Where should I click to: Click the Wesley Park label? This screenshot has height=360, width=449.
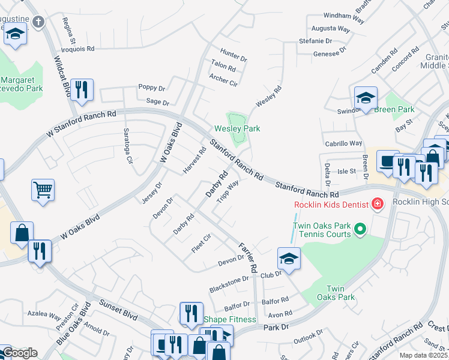click(x=237, y=128)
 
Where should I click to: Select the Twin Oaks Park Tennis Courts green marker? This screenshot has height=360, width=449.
click(x=360, y=229)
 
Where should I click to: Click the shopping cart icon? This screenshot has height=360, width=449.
click(x=43, y=190)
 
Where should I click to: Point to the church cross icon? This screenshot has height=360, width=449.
click(x=38, y=23)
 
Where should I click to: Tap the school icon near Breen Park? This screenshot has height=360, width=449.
click(x=365, y=98)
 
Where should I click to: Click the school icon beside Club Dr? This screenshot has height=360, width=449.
click(x=289, y=259)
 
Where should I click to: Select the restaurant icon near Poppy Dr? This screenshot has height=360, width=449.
click(x=82, y=90)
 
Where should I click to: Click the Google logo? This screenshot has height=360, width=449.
click(x=19, y=353)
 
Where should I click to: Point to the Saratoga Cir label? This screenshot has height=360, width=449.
click(x=127, y=146)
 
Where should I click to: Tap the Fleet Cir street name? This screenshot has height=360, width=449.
click(x=200, y=243)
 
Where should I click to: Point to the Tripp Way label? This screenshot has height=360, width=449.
click(x=228, y=191)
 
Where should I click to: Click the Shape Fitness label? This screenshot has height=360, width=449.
click(x=230, y=319)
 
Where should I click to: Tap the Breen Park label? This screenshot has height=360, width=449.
click(x=394, y=110)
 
